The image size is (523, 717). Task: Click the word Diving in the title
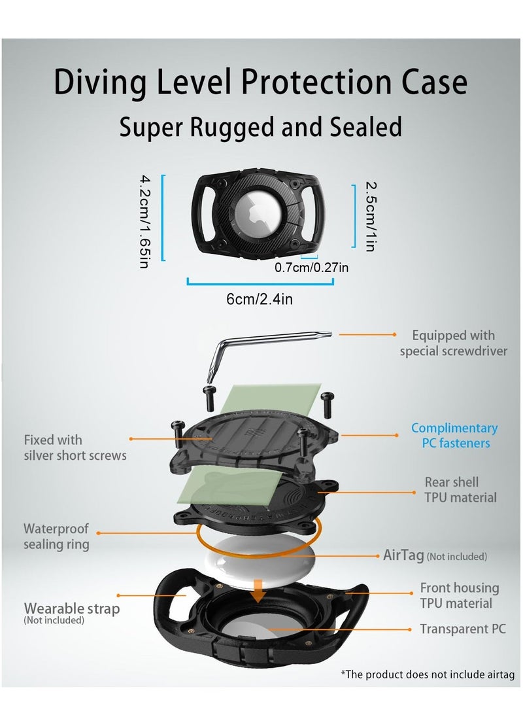(x=101, y=82)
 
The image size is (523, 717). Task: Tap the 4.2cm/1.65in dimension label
(x=144, y=221)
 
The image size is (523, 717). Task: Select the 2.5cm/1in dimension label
(x=371, y=217)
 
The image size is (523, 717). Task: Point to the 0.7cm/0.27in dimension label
(x=312, y=267)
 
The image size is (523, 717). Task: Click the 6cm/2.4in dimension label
(x=260, y=299)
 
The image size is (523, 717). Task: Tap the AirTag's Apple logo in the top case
(x=254, y=213)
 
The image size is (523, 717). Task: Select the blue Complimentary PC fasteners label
(x=454, y=435)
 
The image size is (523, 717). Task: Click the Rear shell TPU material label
(x=460, y=490)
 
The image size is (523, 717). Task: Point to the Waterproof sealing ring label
(x=56, y=536)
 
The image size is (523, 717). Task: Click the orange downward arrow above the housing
(x=259, y=591)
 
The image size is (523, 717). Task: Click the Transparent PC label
(x=463, y=629)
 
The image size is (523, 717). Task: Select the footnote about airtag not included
(x=428, y=674)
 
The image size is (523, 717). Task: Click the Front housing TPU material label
(x=460, y=595)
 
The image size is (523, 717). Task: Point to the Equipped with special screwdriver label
(x=454, y=343)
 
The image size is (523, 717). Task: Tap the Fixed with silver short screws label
(x=75, y=447)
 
